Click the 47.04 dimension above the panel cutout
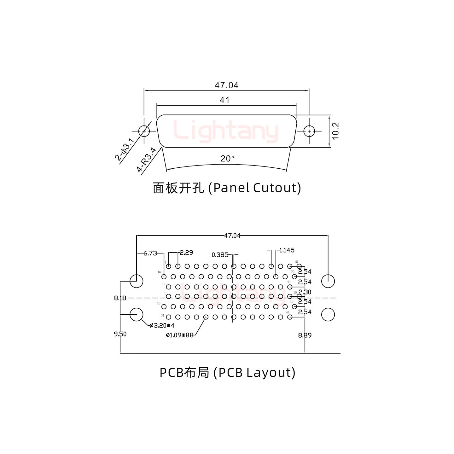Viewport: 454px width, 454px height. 226,85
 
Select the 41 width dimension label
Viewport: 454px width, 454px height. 224,100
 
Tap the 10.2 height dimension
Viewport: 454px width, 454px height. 335,131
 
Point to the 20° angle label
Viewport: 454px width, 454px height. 227,159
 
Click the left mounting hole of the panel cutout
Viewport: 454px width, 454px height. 144,131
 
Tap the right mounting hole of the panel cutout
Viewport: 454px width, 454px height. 309,131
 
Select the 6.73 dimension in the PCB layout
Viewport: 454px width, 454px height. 150,253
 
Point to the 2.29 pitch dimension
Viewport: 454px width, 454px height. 186,252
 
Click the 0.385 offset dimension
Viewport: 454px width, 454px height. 220,255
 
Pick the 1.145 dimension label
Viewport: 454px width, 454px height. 287,250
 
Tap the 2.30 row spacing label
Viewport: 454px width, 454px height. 305,292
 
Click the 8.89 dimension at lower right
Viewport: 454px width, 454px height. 305,335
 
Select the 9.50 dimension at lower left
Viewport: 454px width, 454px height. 120,334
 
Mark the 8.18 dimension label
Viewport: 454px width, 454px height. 120,298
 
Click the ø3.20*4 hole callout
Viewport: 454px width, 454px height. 162,325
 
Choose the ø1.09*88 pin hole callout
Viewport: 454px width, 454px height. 179,335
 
